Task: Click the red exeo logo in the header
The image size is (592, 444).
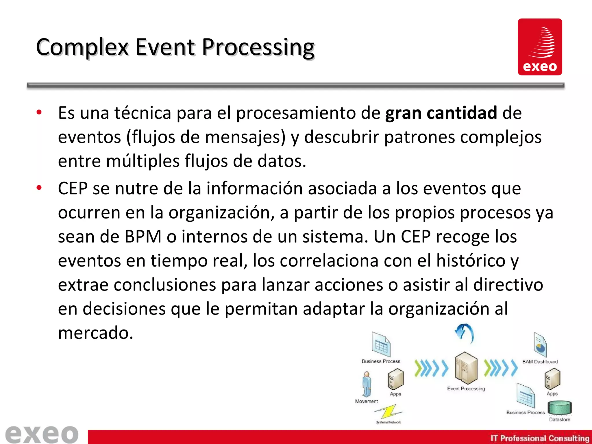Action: pyautogui.click(x=540, y=47)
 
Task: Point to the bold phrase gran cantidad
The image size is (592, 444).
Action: pyautogui.click(x=441, y=113)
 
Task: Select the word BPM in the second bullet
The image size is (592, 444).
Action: pyautogui.click(x=143, y=237)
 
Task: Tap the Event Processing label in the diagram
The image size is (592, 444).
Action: pyautogui.click(x=466, y=389)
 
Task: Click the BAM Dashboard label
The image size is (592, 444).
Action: pyautogui.click(x=540, y=362)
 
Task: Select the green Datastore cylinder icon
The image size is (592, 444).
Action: pyautogui.click(x=560, y=408)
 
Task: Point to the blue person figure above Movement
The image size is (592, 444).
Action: pyautogui.click(x=367, y=384)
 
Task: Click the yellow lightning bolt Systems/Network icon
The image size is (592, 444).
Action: pyautogui.click(x=388, y=412)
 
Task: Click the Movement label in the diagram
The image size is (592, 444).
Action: pyautogui.click(x=367, y=401)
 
